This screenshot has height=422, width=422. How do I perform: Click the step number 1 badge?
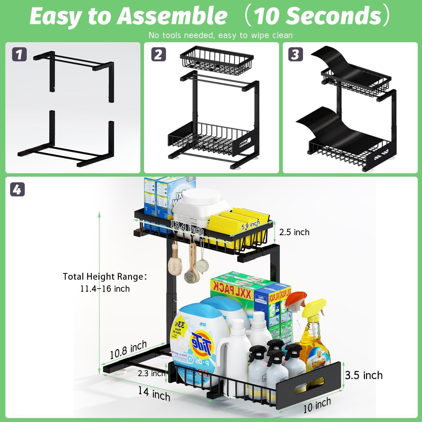pyautogui.click(x=19, y=54)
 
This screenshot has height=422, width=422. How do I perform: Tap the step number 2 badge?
pyautogui.click(x=158, y=54)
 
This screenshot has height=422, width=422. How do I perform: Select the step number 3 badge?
pyautogui.click(x=295, y=54)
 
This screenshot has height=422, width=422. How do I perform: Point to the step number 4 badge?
pyautogui.click(x=17, y=189)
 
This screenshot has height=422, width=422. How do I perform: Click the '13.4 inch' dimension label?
pyautogui.click(x=187, y=227)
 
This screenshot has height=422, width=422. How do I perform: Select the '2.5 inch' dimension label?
pyautogui.click(x=294, y=232)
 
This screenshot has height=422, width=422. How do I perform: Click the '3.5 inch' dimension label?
pyautogui.click(x=364, y=375)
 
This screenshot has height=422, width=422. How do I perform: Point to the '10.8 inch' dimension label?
pyautogui.click(x=128, y=350)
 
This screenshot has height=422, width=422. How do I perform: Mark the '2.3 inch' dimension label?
pyautogui.click(x=151, y=373)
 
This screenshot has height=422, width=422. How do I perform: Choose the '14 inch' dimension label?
pyautogui.click(x=154, y=394)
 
